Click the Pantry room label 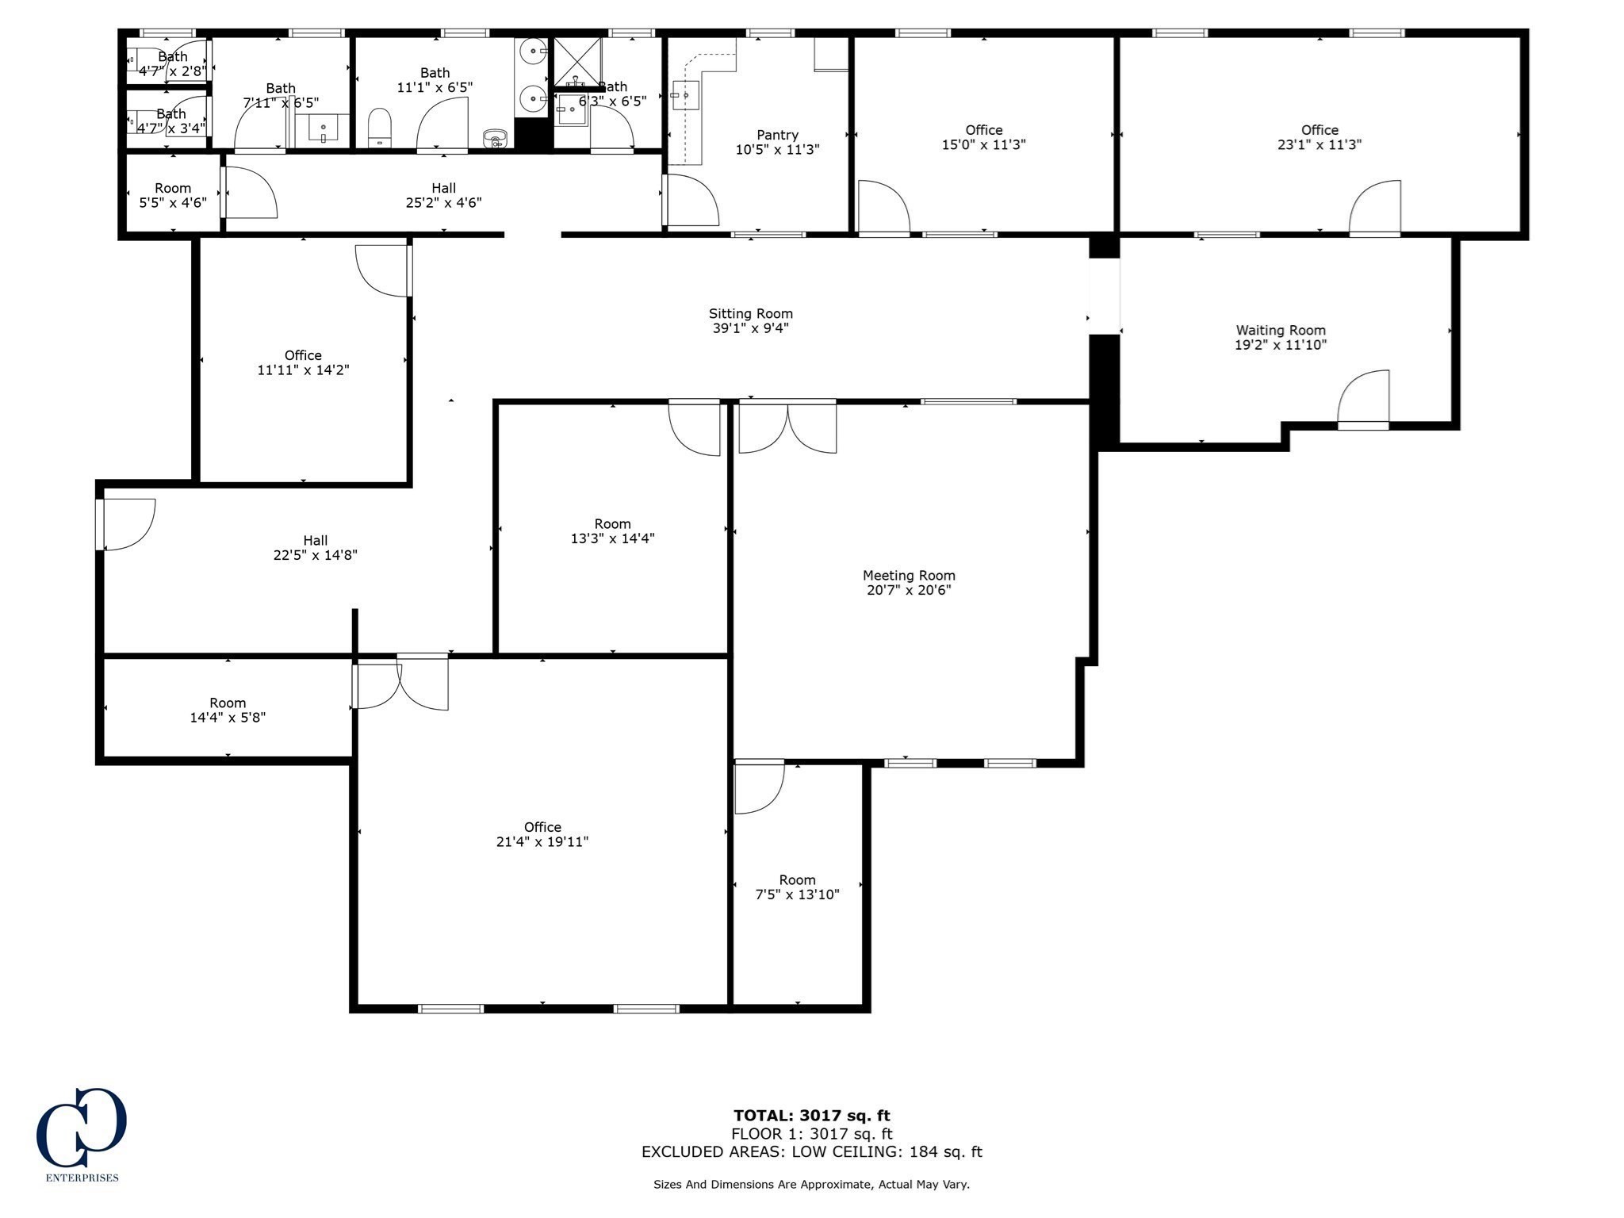pos(777,135)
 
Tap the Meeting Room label pos(909,576)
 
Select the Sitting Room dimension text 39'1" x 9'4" pos(750,328)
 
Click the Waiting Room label pos(1281,331)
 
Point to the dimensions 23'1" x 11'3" pos(1319,145)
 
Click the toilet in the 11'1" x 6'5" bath pos(380,127)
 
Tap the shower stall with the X pos(577,61)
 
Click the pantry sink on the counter pos(680,96)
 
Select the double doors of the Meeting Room pos(787,427)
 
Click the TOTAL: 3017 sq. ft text pos(811,1116)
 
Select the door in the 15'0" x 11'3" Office pos(883,209)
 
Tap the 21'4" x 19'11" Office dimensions pos(542,842)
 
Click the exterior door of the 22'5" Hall pos(125,524)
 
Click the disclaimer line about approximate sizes pos(811,1185)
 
